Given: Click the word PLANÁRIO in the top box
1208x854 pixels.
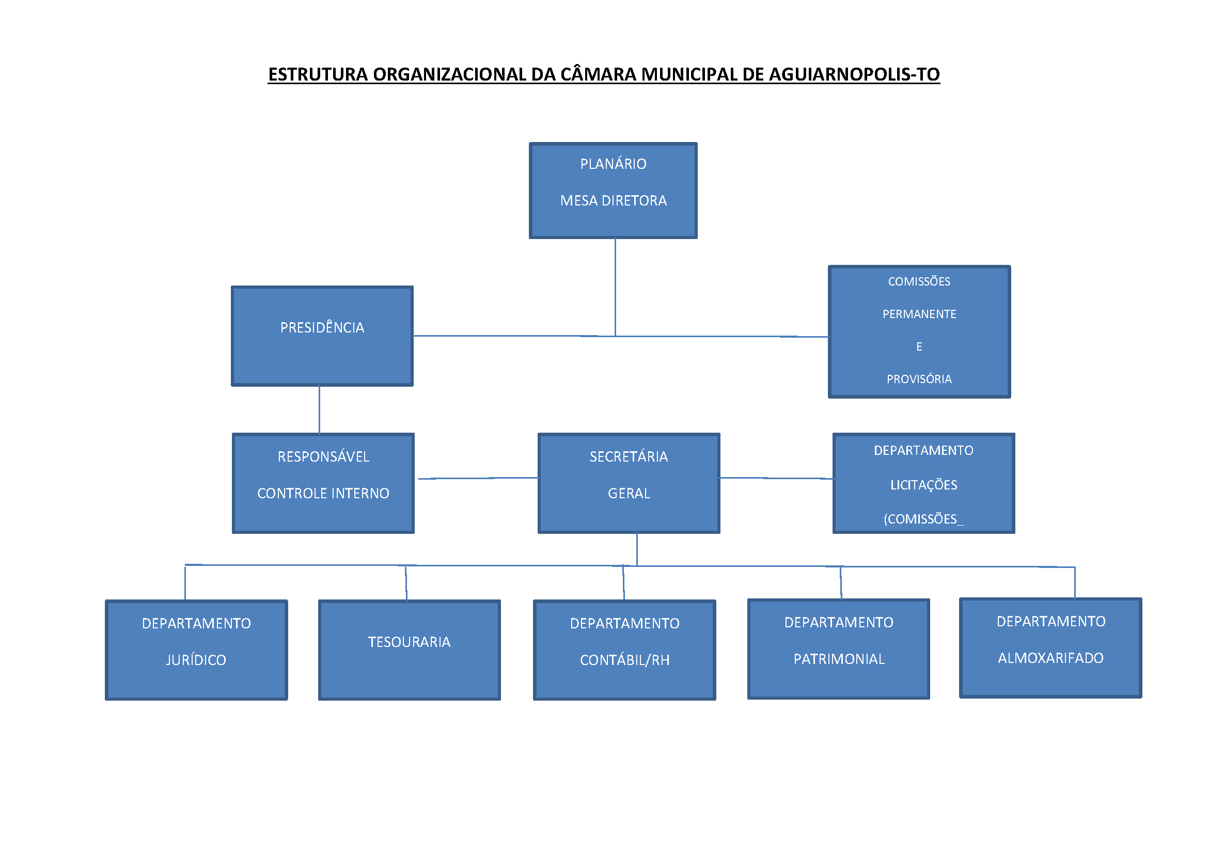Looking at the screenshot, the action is point(613,164).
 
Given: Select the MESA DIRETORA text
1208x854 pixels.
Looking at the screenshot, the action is point(614,201).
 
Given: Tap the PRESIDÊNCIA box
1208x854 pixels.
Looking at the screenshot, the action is point(322,336).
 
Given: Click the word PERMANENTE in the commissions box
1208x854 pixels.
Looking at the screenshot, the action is point(919,314).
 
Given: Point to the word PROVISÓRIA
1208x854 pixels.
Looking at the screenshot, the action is point(919,379).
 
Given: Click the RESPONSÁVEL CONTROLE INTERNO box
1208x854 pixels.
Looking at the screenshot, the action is point(323,483).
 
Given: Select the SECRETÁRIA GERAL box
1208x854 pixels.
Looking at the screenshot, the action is point(629,483).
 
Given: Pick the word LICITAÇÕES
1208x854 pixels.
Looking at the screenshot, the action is point(923,485).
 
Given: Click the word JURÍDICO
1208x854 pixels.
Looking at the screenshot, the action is point(196,660).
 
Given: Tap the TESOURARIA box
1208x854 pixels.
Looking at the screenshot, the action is point(410,650).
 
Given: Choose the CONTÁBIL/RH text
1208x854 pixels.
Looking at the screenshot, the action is point(624,660).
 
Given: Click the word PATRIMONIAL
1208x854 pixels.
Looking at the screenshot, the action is point(839,659).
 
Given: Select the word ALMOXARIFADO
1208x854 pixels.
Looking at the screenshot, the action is point(1050,658).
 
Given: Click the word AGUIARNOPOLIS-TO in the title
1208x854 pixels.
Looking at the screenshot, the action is point(854,75).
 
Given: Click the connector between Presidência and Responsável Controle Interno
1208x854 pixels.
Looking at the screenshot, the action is point(319,410).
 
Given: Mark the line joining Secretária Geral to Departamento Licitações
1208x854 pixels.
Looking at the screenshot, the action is point(777,479).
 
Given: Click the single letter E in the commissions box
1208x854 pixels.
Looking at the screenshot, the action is point(919,346).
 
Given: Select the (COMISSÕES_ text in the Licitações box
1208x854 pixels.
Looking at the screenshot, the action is point(923,519).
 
